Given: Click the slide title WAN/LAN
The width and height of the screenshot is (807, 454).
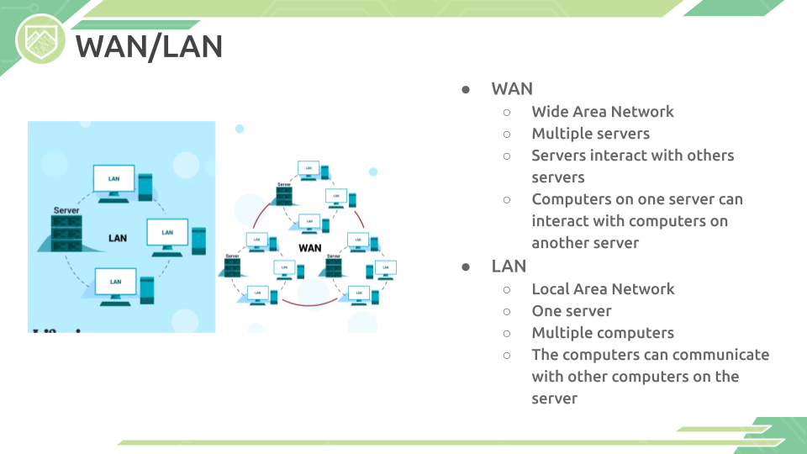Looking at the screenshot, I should click(x=149, y=47).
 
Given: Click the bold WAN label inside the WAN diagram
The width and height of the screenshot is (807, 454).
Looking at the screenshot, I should click(x=310, y=248).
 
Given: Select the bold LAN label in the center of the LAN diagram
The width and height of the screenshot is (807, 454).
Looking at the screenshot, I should click(x=118, y=238).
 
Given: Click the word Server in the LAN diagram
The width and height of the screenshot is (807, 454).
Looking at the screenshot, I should click(x=66, y=210).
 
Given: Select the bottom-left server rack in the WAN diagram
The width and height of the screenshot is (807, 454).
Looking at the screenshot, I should click(x=232, y=267).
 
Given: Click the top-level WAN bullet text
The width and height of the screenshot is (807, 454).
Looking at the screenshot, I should click(x=512, y=89).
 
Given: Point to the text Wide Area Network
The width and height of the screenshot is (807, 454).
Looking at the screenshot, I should click(x=602, y=112).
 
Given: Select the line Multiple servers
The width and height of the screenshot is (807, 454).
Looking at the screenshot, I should click(x=590, y=134).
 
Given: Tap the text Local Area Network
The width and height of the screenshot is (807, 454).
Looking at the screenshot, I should click(x=603, y=289).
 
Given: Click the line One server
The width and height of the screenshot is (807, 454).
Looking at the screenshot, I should click(x=571, y=311).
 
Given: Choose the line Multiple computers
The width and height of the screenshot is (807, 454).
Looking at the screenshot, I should click(x=603, y=333).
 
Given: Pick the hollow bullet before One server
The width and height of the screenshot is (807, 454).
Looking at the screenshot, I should click(x=507, y=311).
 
